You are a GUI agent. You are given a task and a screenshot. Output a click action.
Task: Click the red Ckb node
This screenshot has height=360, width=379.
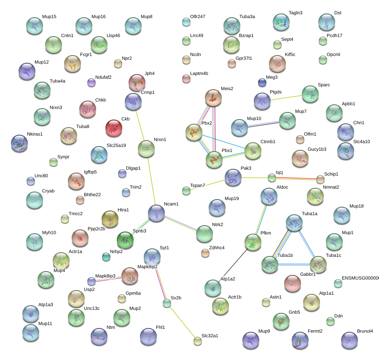[114, 128]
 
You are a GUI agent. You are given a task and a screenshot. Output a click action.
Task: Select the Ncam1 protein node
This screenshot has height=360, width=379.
[156, 213]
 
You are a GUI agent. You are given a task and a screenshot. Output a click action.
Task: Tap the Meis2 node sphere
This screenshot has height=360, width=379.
[213, 98]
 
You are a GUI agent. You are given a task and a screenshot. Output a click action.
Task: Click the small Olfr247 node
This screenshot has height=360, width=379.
[186, 21]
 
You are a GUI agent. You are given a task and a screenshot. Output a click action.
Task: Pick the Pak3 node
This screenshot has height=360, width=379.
[233, 178]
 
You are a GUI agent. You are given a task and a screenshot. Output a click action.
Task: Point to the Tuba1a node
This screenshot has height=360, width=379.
[294, 223]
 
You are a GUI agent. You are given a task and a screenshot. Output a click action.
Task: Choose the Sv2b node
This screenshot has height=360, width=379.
[167, 303]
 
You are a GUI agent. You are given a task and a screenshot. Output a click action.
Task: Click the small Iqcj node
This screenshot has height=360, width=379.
[272, 178]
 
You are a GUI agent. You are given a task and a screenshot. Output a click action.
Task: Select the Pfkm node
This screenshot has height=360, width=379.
[253, 243]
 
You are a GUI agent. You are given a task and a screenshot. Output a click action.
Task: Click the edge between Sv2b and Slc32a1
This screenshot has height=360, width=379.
[183, 322]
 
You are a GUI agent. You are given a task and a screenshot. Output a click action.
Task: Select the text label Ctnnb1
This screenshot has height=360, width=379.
[268, 142]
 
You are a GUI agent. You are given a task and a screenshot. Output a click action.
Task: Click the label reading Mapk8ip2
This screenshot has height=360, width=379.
[148, 267]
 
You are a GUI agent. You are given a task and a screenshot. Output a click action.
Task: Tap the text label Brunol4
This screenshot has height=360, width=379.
[365, 331]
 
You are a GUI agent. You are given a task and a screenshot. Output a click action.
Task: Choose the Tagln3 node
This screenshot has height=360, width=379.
[281, 22]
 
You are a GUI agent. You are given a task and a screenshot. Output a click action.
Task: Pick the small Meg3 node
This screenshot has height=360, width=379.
[262, 82]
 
